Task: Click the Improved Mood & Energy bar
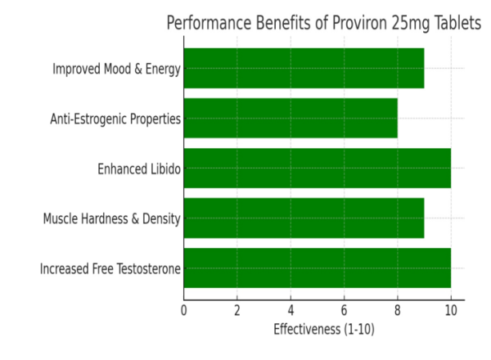pyautogui.click(x=304, y=68)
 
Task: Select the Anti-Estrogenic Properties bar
pyautogui.click(x=291, y=118)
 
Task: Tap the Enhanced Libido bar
pyautogui.click(x=317, y=168)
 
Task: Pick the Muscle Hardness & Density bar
pyautogui.click(x=304, y=218)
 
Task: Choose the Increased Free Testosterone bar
pyautogui.click(x=317, y=268)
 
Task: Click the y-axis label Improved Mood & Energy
pyautogui.click(x=116, y=69)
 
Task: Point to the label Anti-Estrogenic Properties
pyautogui.click(x=115, y=119)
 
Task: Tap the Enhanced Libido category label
pyautogui.click(x=138, y=169)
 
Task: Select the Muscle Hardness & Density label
pyautogui.click(x=111, y=218)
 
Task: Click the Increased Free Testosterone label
pyautogui.click(x=110, y=268)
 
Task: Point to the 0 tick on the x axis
pyautogui.click(x=183, y=311)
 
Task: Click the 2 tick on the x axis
pyautogui.click(x=237, y=311)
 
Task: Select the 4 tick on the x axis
pyautogui.click(x=291, y=311)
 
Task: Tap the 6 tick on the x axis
pyautogui.click(x=344, y=311)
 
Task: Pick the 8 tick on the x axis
pyautogui.click(x=397, y=311)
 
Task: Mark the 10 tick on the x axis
pyautogui.click(x=450, y=311)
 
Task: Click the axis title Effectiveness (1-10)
pyautogui.click(x=323, y=330)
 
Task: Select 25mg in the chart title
pyautogui.click(x=415, y=23)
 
